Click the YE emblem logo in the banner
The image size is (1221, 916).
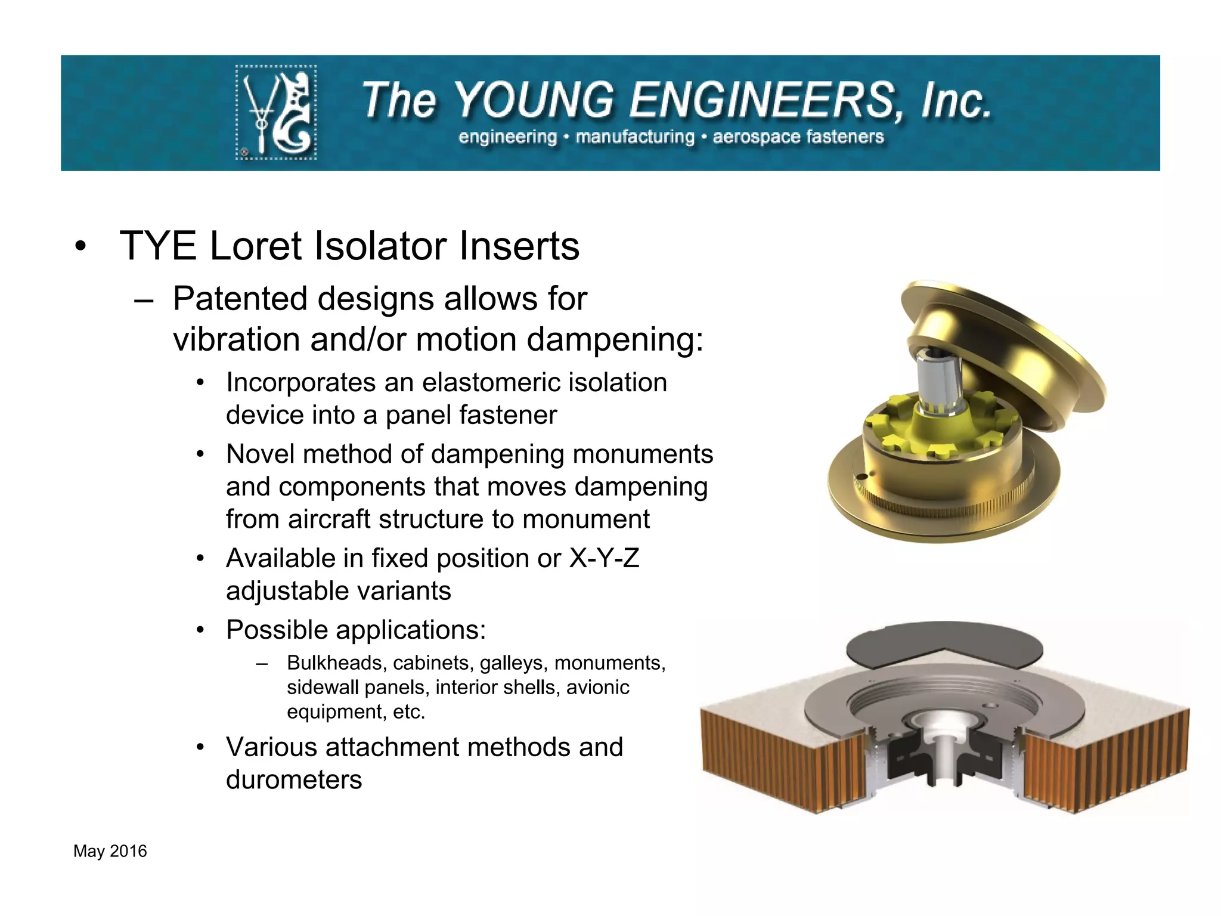[276, 112]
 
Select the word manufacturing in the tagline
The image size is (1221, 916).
[635, 137]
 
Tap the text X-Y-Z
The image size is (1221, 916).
[604, 559]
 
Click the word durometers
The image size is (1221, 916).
[294, 780]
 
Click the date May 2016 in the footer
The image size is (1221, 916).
[110, 852]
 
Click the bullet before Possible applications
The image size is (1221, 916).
[201, 630]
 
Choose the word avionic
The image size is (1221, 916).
[597, 688]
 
